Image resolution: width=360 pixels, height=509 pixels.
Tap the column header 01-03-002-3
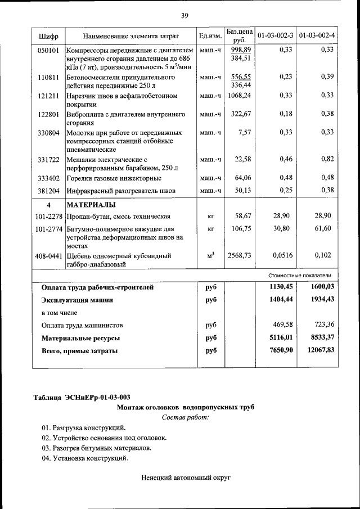point(275,37)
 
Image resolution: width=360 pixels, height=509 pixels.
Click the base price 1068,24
point(240,96)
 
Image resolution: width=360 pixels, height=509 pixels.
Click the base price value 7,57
point(245,133)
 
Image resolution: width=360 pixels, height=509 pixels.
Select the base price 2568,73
point(240,255)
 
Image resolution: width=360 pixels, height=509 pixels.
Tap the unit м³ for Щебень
point(211,256)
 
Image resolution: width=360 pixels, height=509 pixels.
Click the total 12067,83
point(318,350)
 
